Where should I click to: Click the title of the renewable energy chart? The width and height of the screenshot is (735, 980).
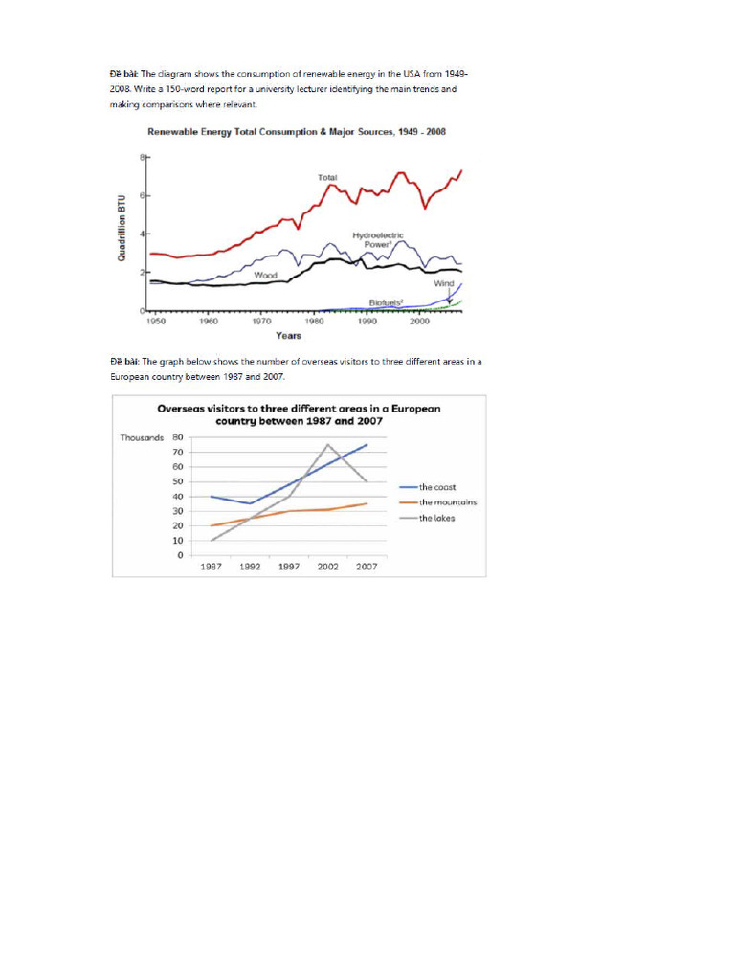coord(295,131)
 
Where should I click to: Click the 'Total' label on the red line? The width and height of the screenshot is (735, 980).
coord(326,177)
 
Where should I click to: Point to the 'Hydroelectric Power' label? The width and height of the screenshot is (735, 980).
coord(377,239)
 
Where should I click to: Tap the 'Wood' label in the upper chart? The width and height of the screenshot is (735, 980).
coord(265,276)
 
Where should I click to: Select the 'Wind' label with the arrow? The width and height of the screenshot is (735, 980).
coord(444,283)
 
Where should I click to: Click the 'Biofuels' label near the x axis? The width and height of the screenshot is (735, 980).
coord(386,302)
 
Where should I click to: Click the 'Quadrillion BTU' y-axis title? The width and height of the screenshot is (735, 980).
coord(122,234)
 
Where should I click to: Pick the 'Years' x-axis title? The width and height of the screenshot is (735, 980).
coord(288,336)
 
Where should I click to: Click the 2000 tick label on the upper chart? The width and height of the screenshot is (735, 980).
coord(419,323)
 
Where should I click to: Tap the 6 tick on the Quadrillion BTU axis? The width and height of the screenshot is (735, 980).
coord(143,195)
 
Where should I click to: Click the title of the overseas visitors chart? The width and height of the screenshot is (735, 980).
coord(299,414)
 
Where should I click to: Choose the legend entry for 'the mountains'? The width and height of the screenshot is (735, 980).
coord(447,502)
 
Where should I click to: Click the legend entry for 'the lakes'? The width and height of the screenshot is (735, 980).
coord(436,518)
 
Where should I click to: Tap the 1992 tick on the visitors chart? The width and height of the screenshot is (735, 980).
coord(250,567)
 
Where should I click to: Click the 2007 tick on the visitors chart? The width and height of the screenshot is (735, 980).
coord(367,567)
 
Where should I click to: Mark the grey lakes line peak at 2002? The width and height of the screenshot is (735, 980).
coord(328,444)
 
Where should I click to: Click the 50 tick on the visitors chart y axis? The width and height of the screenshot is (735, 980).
coord(178,481)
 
